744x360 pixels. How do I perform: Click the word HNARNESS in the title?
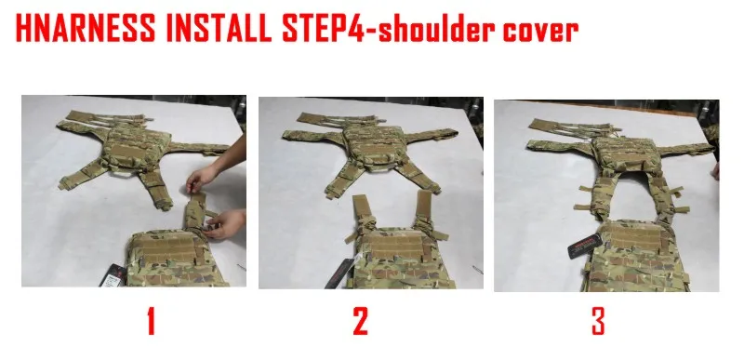click(86, 28)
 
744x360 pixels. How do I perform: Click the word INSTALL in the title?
click(219, 28)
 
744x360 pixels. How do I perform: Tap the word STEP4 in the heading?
click(324, 28)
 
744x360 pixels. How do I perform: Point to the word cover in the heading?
click(540, 33)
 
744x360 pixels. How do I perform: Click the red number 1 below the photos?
click(151, 321)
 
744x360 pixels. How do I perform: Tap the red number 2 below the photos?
click(361, 321)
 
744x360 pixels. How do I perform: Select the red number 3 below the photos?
click(598, 321)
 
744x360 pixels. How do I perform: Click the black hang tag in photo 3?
click(585, 247)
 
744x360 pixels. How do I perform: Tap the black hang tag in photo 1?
click(113, 275)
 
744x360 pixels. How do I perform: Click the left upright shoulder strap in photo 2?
click(363, 213)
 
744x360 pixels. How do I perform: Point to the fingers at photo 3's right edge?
click(715, 171)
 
